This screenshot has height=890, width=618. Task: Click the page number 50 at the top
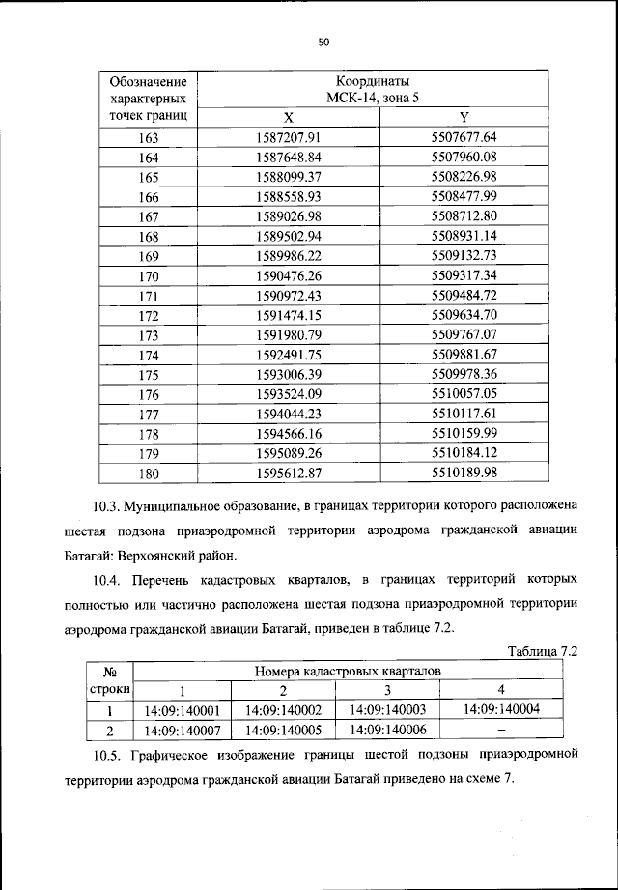coord(323,42)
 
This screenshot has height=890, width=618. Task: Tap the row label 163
coord(148,137)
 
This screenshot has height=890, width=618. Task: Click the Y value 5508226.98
coord(463,177)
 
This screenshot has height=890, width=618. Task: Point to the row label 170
coord(148,275)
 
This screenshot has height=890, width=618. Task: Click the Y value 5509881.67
coord(463,355)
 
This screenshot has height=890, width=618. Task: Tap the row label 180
coord(148,474)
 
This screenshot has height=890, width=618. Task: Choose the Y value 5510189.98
coord(463,473)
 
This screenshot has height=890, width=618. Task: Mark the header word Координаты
coord(377,80)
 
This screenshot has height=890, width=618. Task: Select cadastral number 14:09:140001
coord(182,710)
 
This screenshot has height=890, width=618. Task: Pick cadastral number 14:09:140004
coord(501,709)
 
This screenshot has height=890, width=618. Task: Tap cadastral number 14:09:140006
coord(387,730)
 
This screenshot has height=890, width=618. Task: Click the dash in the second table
coord(501,730)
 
